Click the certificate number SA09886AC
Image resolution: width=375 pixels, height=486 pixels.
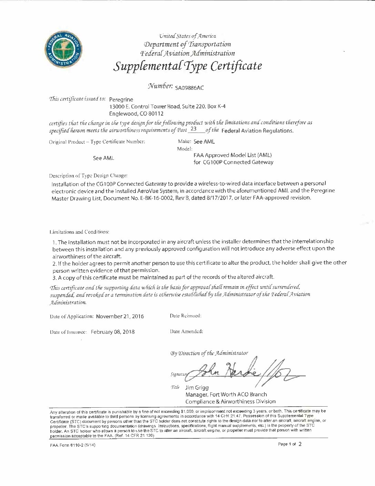(190, 88)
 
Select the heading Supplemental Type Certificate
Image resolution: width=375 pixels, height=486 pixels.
(187, 66)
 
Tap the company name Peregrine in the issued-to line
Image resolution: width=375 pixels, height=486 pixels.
(121, 99)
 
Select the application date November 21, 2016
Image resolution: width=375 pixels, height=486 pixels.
(120, 316)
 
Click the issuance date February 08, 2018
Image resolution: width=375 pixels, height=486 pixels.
(113, 332)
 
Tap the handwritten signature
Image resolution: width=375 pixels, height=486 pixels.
(241, 372)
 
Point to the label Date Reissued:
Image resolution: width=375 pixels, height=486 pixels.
(185, 315)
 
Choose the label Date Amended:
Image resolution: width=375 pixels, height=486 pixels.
(186, 331)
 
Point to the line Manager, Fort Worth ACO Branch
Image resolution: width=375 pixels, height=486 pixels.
(226, 395)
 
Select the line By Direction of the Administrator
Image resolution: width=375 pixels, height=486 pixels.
(209, 353)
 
